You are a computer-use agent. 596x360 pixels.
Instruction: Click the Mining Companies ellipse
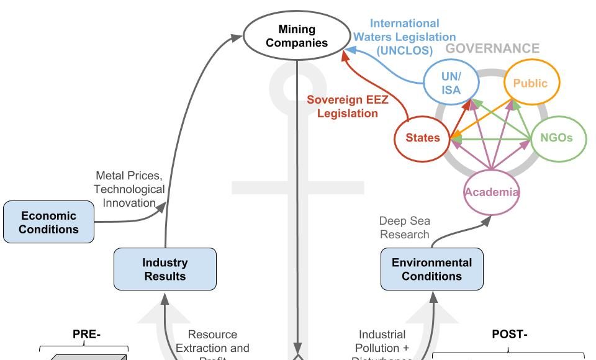(x=296, y=36)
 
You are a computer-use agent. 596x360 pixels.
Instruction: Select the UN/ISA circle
(x=451, y=83)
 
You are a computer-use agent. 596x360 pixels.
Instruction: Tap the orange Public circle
(x=531, y=83)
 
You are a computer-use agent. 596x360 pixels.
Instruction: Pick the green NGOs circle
(x=558, y=138)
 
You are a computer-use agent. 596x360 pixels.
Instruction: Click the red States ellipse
(x=423, y=138)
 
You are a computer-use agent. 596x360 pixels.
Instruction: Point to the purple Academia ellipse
(x=491, y=192)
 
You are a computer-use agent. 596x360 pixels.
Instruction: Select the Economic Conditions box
(x=48, y=222)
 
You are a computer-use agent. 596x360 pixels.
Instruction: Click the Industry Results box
(x=165, y=269)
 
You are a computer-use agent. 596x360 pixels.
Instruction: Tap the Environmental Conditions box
(x=431, y=269)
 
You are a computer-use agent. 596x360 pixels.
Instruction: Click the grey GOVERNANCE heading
(x=493, y=48)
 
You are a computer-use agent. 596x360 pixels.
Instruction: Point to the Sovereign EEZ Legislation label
(x=348, y=106)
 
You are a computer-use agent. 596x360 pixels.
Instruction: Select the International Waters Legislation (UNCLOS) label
(x=405, y=36)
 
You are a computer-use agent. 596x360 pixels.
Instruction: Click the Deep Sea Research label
(x=404, y=228)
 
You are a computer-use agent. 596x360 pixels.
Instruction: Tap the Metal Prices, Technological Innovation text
(x=129, y=189)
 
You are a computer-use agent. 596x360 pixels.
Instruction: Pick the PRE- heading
(x=86, y=335)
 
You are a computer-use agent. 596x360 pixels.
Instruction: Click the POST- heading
(x=509, y=335)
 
